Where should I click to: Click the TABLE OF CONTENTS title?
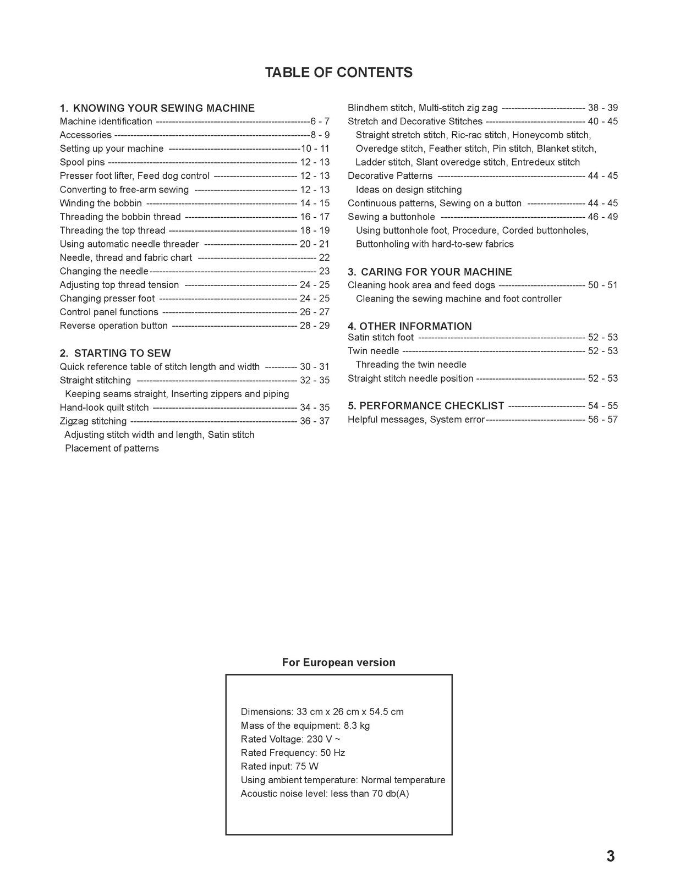[x=338, y=73]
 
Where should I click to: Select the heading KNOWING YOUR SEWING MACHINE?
[x=163, y=108]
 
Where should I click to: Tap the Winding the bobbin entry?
[x=101, y=204]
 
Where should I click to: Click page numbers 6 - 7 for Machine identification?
[x=320, y=122]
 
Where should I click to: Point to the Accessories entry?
[x=85, y=135]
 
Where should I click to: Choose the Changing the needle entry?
[x=104, y=271]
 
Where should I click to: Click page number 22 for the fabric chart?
[x=324, y=257]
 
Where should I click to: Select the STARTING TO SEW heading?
[x=122, y=353]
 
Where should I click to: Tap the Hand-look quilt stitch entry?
[x=104, y=408]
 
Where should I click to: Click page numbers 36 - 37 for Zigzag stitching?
[x=315, y=421]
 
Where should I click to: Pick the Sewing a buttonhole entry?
[x=391, y=217]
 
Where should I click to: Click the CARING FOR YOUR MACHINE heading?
[x=436, y=272]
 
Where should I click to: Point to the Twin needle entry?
[x=373, y=351]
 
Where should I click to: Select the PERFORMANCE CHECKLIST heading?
[x=431, y=406]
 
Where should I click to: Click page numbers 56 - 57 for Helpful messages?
[x=602, y=420]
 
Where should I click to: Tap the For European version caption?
[x=338, y=662]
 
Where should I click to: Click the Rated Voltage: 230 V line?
[x=290, y=739]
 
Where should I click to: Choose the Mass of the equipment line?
[x=305, y=725]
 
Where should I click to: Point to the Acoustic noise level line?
[x=325, y=794]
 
